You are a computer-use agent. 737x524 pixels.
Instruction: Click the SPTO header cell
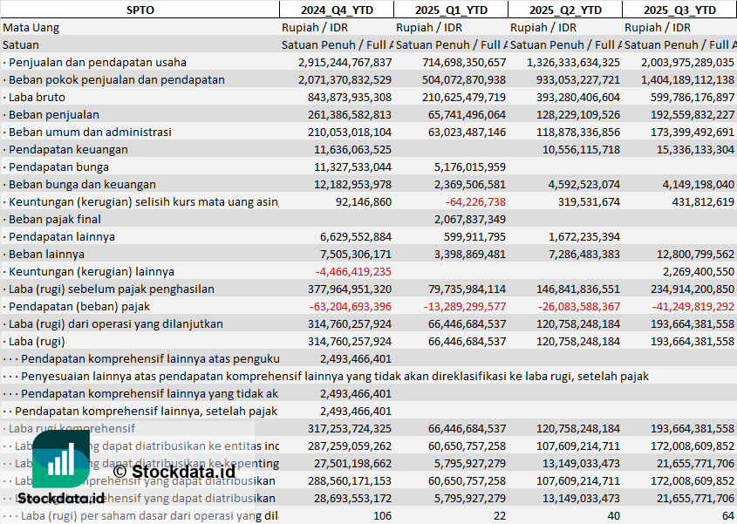click(x=140, y=10)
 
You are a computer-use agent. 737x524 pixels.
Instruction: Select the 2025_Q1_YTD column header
click(x=450, y=10)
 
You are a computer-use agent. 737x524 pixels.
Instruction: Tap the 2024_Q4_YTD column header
click(x=336, y=10)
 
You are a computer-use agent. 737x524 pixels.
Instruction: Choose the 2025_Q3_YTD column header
click(x=679, y=10)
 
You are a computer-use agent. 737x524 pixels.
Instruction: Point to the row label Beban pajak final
click(x=52, y=219)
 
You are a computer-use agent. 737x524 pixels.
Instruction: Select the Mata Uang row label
click(x=31, y=27)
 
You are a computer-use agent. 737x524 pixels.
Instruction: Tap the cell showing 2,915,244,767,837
click(x=345, y=62)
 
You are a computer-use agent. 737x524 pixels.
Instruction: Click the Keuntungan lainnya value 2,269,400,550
click(x=691, y=271)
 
